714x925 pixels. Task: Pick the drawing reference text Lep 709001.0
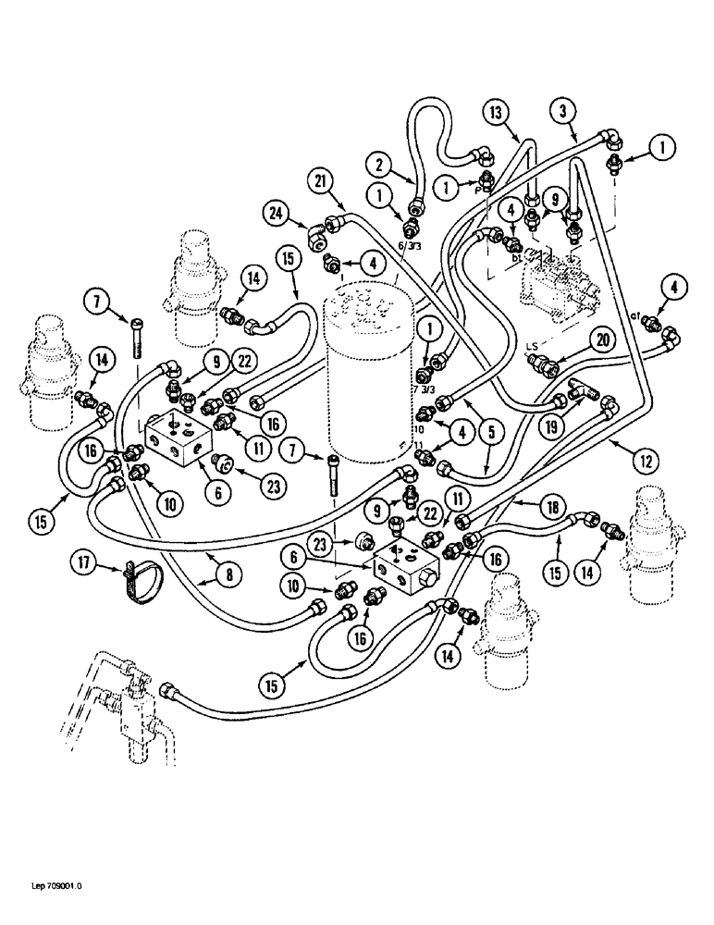pos(44,911)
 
